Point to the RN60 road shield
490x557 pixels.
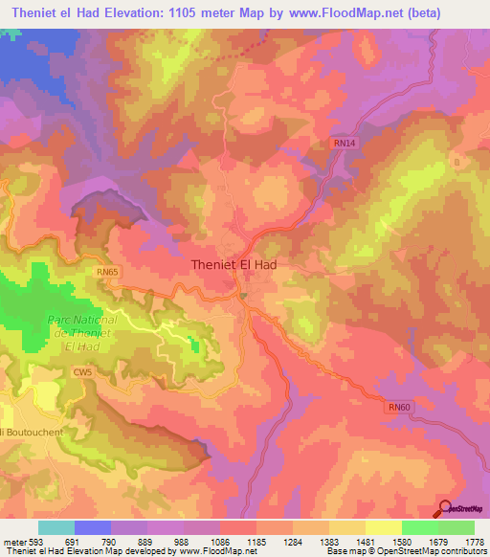coord(400,408)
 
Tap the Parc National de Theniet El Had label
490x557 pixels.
coord(81,334)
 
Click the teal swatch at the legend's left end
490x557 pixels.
coord(56,527)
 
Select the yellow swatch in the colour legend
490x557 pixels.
coord(383,527)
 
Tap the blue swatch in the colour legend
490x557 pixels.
coord(92,527)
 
